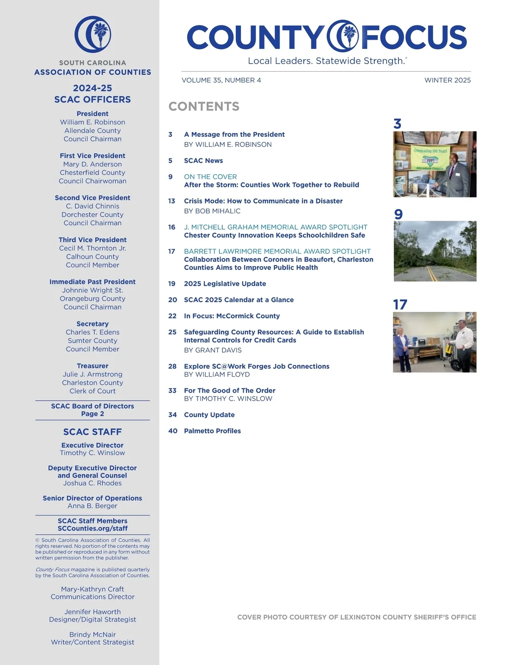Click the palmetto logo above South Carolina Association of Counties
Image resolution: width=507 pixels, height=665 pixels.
(x=93, y=35)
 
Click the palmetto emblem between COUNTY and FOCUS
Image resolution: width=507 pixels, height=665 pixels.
(x=343, y=36)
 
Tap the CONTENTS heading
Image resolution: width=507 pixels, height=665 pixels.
(x=204, y=106)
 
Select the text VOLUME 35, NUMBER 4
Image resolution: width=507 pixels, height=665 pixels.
(x=221, y=80)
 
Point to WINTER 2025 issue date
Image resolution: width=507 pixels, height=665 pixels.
(x=447, y=80)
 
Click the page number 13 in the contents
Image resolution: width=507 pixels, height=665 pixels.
(x=172, y=201)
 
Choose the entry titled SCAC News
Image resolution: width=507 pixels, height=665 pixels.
(x=203, y=160)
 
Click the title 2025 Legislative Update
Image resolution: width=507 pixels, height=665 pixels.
(x=225, y=284)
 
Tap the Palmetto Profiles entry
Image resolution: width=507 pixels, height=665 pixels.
(x=212, y=431)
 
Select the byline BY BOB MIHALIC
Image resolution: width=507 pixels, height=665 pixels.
(x=212, y=211)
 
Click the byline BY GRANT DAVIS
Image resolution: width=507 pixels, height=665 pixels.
(x=213, y=350)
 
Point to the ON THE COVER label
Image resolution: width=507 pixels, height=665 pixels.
(x=210, y=176)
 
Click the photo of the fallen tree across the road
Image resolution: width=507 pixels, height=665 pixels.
(x=435, y=251)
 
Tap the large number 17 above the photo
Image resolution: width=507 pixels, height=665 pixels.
(x=400, y=304)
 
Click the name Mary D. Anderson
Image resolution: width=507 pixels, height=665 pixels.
(x=93, y=164)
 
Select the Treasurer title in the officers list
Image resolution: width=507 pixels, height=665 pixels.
(x=93, y=366)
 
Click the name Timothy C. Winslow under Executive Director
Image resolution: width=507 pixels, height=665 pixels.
(x=93, y=453)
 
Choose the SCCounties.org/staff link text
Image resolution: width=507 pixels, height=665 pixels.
(x=93, y=528)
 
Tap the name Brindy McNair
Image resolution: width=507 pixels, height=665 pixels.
(x=93, y=634)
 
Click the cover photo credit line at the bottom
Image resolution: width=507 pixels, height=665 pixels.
(x=357, y=617)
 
